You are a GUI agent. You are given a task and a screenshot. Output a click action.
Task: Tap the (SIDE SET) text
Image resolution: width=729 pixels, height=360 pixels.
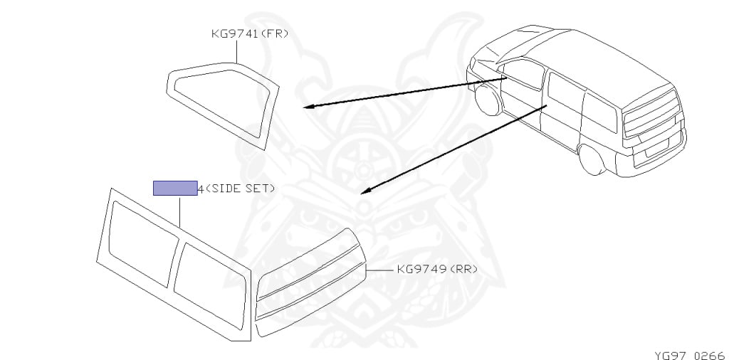tap(239, 189)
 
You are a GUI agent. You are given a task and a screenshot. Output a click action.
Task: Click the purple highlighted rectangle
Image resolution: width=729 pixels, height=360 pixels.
tap(175, 188)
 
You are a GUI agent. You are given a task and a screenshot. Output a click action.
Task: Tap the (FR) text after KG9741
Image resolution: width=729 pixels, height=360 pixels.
tap(276, 33)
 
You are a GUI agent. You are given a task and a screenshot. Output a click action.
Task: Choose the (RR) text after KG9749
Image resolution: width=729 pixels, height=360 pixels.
tap(463, 270)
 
